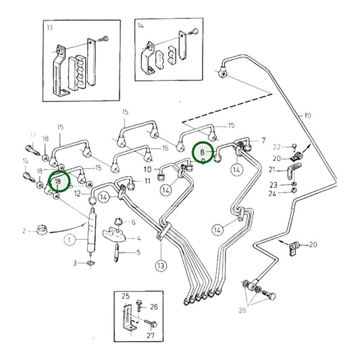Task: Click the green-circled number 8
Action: pos(203,153)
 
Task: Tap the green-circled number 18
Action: pos(59,181)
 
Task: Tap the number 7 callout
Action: pos(263,141)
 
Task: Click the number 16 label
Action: pos(26,161)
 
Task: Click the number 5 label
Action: pos(138,253)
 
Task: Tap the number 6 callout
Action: pos(133,222)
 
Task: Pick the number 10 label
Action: pos(147,169)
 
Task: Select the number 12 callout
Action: pos(77,195)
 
